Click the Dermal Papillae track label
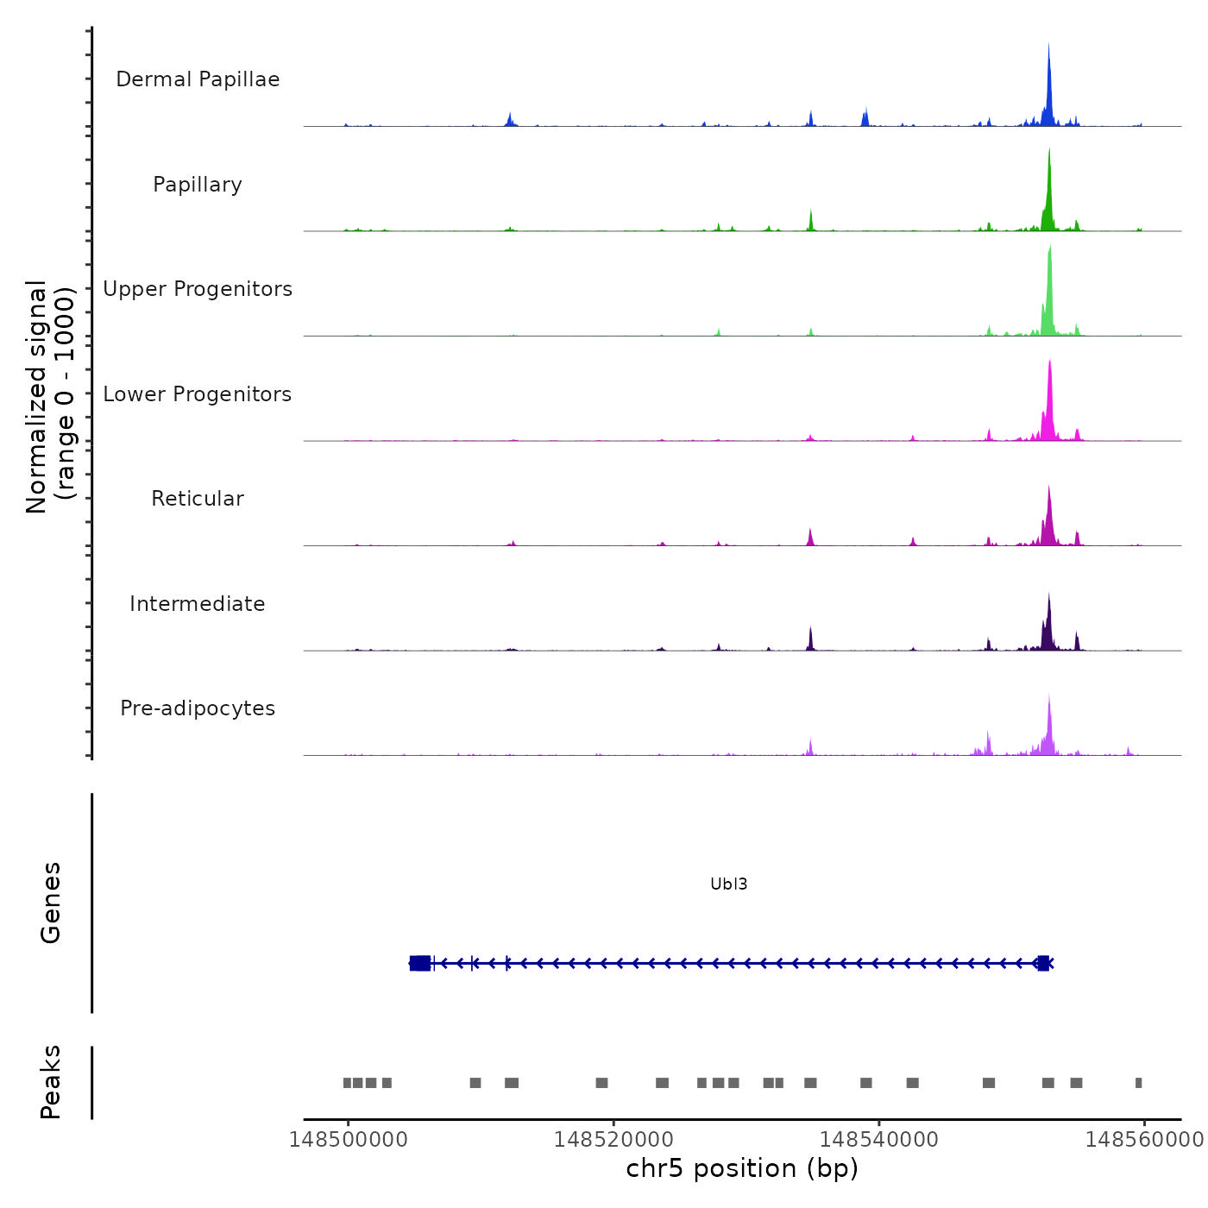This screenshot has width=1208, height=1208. pos(198,79)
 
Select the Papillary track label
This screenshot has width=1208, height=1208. pos(198,185)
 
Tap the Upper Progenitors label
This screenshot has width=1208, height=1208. pos(198,289)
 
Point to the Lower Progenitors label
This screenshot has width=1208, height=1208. pos(198,394)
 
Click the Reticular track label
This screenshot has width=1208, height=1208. pos(198,499)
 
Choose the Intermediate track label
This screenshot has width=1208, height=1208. pos(198,604)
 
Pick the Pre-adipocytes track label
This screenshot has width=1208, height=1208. pos(198,708)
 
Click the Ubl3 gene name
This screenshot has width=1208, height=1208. pos(728,884)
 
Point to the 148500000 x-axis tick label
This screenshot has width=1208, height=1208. pos(349,1140)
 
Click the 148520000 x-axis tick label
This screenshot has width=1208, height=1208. pos(613,1140)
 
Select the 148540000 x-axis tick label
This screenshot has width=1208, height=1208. pos(878,1140)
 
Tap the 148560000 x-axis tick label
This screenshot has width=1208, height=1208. pos(1143,1140)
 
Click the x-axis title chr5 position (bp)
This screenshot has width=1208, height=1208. pos(742,1168)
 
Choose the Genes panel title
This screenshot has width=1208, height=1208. pos(51,903)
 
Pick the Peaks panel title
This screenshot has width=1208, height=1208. pos(51,1082)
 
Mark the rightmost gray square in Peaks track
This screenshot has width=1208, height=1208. pos(1138,1083)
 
